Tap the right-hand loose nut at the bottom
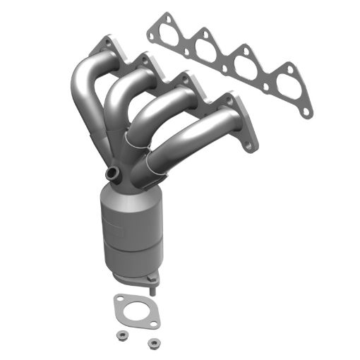(x=151, y=344)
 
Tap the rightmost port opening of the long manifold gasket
(x=286, y=79)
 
